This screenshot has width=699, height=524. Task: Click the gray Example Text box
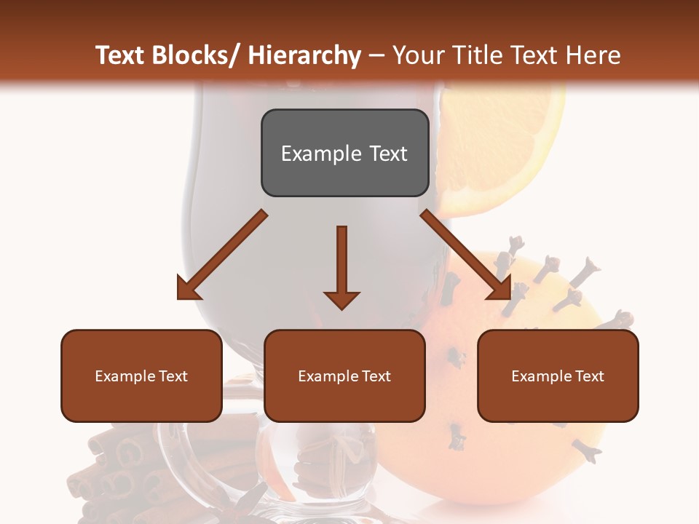point(344,153)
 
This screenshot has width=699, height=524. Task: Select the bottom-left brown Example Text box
point(141,376)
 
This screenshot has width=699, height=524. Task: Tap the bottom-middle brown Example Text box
point(344,376)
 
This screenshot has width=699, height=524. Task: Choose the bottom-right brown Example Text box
point(558,376)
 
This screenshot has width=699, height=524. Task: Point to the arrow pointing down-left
point(222,255)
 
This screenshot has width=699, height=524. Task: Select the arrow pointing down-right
point(466,255)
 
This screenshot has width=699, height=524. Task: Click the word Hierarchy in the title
point(304,55)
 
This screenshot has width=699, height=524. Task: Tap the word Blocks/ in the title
point(191,55)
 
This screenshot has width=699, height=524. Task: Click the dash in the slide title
point(376,55)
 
